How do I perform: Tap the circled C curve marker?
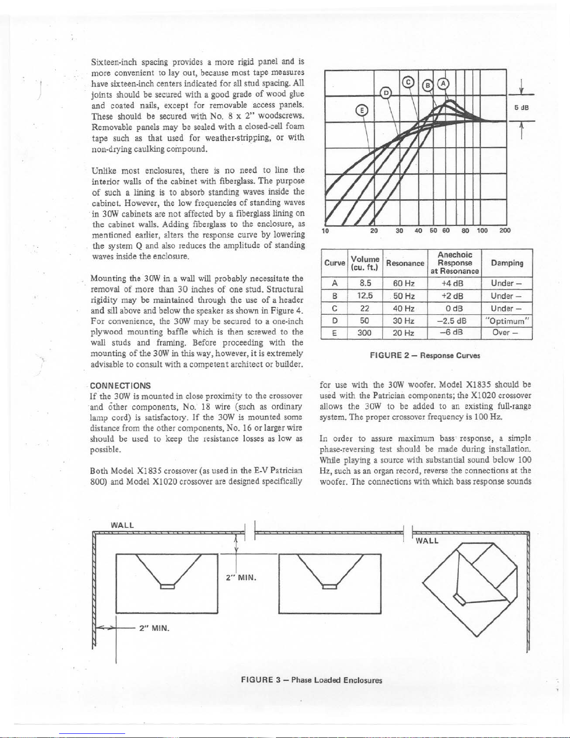point(408,82)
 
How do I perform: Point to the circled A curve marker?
point(444,83)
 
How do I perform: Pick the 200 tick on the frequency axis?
point(505,230)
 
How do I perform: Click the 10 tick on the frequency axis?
point(326,230)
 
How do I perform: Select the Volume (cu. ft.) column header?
point(365,263)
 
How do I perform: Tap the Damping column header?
point(508,263)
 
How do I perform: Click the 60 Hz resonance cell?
point(404,283)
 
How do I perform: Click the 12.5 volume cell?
point(365,296)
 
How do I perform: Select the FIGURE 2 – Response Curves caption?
point(425,355)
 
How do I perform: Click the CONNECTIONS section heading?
point(120,386)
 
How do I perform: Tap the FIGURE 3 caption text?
point(311,680)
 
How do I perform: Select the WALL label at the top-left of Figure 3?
point(122,525)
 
